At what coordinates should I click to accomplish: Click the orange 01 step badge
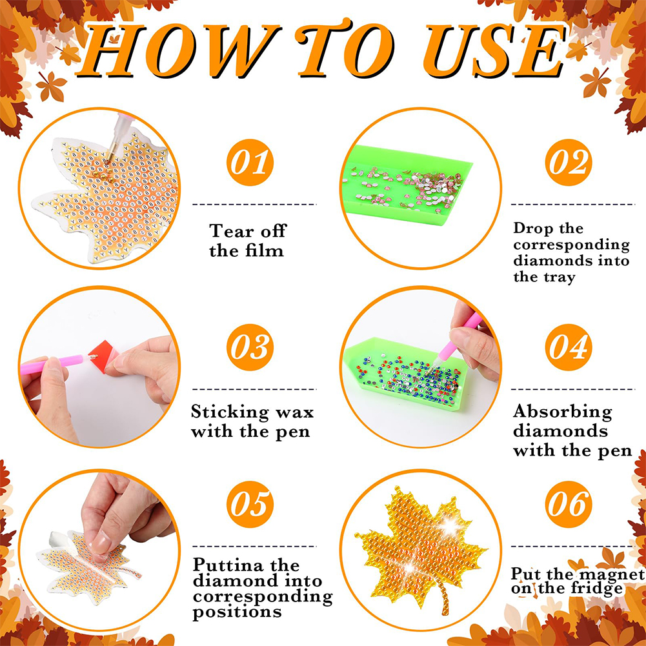250,163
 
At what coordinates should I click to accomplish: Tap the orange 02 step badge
569,163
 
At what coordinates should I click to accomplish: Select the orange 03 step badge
250,347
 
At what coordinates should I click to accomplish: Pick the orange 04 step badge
569,347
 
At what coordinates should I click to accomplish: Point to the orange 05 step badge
250,504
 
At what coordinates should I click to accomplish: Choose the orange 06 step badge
569,504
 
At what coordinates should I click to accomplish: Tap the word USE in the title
495,50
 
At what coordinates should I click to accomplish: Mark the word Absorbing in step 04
562,412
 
